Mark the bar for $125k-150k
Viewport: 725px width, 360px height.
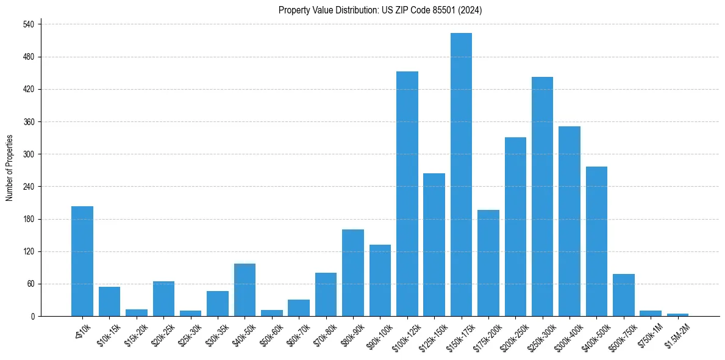click(434, 245)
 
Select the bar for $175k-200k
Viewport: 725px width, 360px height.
click(488, 263)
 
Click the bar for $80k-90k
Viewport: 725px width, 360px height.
click(353, 273)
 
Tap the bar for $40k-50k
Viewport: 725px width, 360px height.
click(245, 290)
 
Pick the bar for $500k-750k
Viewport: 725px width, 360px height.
click(624, 295)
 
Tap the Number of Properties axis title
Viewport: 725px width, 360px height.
click(10, 168)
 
